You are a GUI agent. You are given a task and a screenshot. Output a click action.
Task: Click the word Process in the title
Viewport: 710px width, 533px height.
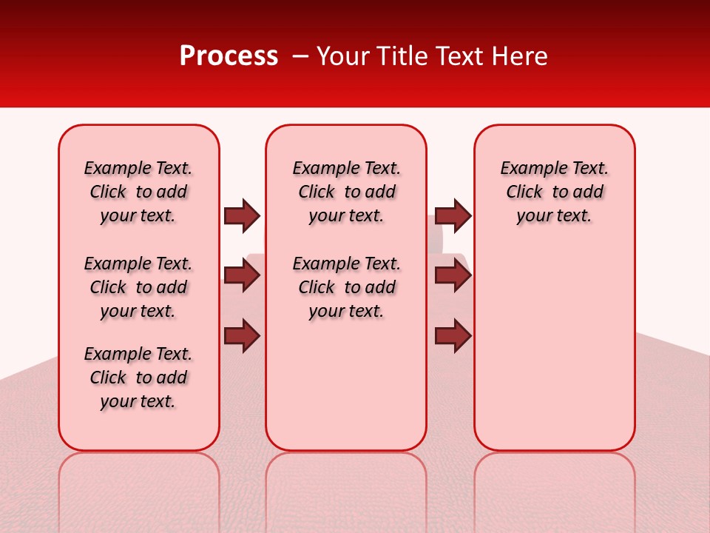click(229, 56)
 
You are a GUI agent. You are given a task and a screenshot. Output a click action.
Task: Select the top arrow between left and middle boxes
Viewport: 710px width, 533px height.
click(242, 215)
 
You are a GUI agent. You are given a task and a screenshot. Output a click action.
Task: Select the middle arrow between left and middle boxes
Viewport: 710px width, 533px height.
click(242, 275)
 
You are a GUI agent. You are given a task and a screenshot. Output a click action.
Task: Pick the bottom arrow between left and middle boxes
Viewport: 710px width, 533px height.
click(242, 335)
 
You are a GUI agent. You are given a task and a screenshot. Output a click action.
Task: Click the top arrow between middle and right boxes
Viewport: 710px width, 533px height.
click(453, 215)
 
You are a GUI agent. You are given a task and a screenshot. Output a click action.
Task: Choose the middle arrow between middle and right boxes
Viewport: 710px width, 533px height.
click(453, 275)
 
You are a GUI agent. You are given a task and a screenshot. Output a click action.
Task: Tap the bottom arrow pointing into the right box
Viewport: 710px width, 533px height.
click(453, 335)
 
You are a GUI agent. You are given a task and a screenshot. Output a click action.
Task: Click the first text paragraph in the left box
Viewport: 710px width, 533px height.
click(138, 192)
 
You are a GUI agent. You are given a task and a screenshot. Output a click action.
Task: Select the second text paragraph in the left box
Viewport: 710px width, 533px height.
click(138, 287)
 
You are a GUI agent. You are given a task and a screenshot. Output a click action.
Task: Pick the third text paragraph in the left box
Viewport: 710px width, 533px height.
click(138, 378)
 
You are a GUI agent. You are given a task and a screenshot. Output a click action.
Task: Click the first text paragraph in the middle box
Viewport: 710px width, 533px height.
click(346, 192)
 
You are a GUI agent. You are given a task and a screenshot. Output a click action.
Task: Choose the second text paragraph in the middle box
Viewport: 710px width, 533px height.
click(346, 287)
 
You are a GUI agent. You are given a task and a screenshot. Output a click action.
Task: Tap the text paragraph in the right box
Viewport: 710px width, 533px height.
click(554, 192)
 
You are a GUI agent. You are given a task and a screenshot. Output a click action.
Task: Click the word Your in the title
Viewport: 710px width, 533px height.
click(342, 56)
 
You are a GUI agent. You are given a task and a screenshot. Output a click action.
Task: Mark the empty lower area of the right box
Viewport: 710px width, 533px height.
click(554, 348)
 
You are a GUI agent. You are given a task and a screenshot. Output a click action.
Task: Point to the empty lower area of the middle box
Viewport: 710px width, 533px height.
click(346, 385)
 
